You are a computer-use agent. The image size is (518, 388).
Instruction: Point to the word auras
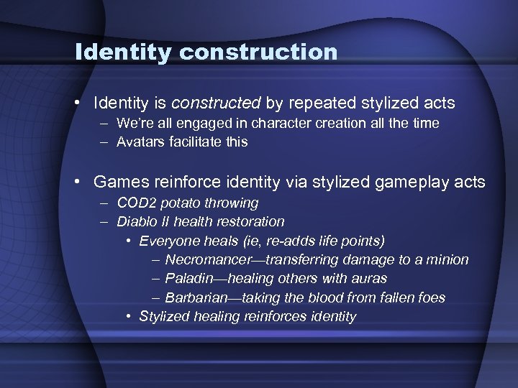click(x=371, y=278)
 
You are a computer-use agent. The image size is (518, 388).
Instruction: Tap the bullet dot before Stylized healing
click(x=127, y=316)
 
